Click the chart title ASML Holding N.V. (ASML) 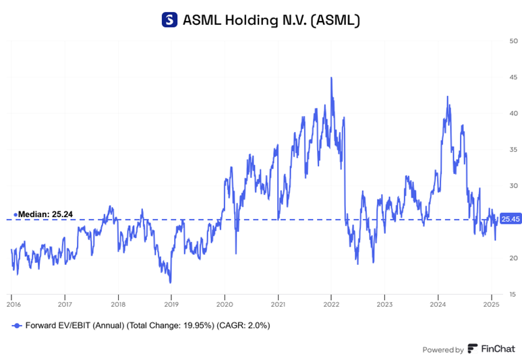[272, 20]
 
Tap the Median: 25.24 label [45, 214]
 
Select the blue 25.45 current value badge [511, 219]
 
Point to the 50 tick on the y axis [514, 41]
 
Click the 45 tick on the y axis [514, 77]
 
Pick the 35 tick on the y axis [514, 149]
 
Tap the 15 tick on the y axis [514, 294]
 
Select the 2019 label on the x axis [171, 305]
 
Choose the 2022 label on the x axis [331, 305]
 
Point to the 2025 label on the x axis [491, 305]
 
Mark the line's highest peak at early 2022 [330, 78]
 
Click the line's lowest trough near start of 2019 [170, 282]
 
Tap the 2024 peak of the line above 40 [447, 96]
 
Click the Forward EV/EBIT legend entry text [146, 325]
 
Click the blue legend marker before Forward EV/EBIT [16, 325]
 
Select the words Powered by [442, 349]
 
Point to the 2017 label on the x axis [65, 305]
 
